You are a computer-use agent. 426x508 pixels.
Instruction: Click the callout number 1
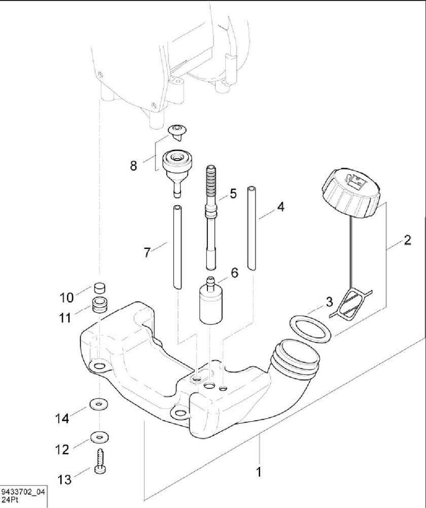tap(259, 472)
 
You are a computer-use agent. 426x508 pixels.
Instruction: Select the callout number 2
tap(407, 241)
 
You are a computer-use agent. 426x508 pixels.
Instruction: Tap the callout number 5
tap(233, 194)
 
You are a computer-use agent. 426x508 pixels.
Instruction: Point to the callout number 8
tap(133, 166)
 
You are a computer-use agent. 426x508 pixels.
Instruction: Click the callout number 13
tap(65, 479)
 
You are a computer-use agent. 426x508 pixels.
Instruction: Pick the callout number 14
tap(62, 419)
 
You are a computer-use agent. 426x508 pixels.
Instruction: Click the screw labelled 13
tap(100, 462)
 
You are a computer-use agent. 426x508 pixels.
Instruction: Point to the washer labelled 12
tap(100, 436)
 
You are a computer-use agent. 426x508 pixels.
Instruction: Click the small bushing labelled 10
tap(99, 289)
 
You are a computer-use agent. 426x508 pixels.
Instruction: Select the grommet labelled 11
tap(99, 306)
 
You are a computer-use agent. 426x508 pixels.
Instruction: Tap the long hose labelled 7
tap(176, 246)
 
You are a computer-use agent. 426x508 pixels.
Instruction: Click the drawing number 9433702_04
tap(23, 492)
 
